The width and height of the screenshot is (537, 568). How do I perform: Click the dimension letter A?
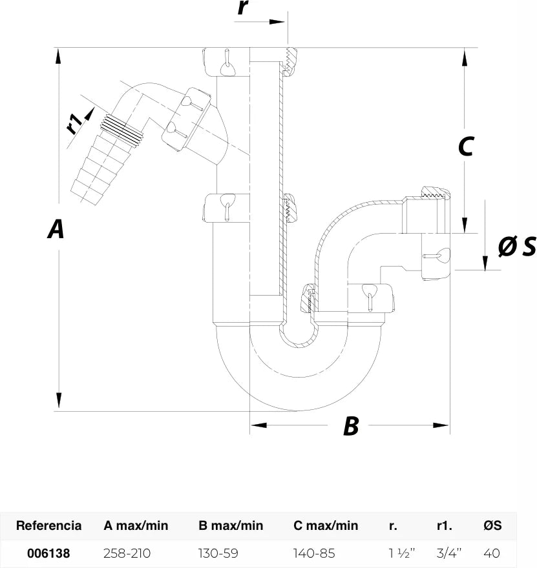56,228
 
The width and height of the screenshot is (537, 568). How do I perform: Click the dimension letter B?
351,425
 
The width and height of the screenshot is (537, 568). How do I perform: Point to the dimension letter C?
466,146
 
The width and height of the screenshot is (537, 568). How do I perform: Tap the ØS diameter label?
517,247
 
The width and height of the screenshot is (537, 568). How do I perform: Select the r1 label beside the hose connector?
74,123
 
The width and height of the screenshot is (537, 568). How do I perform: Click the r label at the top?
244,8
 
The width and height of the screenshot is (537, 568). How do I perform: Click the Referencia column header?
48,525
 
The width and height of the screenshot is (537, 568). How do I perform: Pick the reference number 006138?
48,553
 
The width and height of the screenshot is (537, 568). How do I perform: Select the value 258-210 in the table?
127,553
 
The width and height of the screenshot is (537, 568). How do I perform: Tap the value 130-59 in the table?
218,553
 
